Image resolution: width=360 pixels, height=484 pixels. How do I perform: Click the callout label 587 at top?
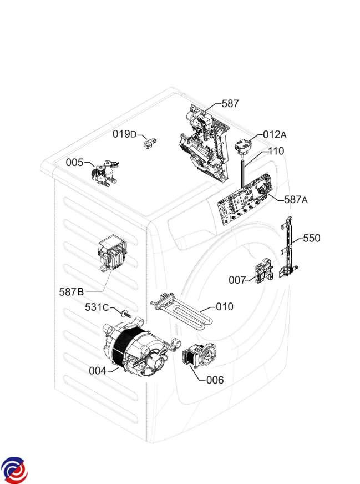click(230, 103)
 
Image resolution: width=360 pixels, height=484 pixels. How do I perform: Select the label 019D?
click(124, 134)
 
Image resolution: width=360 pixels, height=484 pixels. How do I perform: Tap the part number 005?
click(74, 162)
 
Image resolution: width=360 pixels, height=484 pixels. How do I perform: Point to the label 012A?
click(275, 134)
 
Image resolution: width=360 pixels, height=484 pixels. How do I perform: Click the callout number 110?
click(276, 151)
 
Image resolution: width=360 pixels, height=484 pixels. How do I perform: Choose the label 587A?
click(296, 199)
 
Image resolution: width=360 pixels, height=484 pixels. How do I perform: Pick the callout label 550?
click(311, 238)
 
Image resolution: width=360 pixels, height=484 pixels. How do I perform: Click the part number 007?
click(237, 280)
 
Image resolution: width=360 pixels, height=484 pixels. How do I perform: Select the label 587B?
click(72, 291)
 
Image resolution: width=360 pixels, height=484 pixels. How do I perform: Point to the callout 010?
click(225, 306)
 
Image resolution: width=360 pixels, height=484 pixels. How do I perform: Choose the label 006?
click(215, 380)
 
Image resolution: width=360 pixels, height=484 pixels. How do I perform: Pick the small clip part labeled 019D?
click(148, 143)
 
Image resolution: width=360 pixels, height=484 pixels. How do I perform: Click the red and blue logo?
click(14, 470)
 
